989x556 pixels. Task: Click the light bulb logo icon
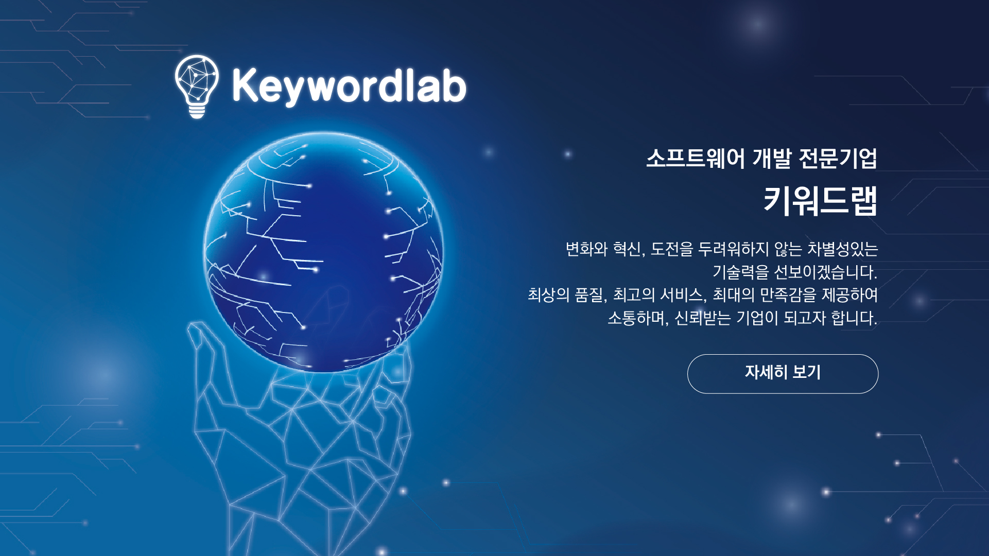click(x=197, y=86)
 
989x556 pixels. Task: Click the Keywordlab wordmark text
click(x=349, y=86)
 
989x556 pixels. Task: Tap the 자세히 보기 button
click(x=783, y=374)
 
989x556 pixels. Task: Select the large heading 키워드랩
click(x=820, y=201)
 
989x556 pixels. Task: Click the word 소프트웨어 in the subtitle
click(x=696, y=158)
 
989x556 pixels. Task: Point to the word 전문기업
click(x=838, y=158)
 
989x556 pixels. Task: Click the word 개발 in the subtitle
click(x=771, y=158)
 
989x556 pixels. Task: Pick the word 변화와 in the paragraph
click(x=586, y=249)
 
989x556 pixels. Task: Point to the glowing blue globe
click(x=324, y=252)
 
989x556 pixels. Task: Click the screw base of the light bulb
click(x=197, y=111)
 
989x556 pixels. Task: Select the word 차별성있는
click(x=842, y=249)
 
